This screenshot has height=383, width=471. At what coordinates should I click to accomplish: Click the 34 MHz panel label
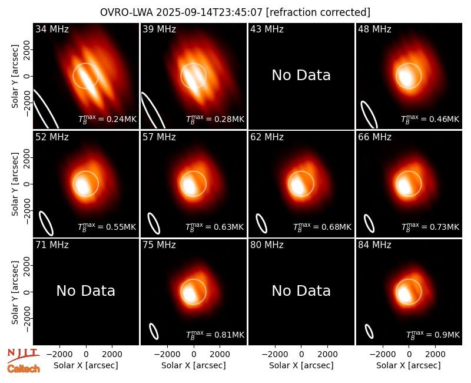52,29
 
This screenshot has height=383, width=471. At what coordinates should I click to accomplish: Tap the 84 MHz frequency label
374,245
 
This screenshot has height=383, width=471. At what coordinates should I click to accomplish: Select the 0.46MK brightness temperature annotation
430,119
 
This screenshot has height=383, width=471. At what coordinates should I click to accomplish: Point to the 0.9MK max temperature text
433,335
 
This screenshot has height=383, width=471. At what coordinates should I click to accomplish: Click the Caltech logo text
24,369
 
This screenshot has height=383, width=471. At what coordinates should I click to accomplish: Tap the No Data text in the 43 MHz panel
301,75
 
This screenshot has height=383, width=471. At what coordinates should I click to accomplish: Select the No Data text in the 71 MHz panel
85,291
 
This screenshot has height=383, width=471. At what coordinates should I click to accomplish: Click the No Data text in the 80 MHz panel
301,291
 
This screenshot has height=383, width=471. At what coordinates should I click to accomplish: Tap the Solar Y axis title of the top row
15,77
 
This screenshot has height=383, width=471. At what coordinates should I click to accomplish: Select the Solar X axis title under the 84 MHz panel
409,365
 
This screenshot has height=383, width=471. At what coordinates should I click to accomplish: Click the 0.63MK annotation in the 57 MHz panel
214,227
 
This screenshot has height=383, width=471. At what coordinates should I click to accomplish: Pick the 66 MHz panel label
374,137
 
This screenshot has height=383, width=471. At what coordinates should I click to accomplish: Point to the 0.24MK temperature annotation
107,119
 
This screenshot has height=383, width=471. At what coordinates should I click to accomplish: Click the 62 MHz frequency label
267,137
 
